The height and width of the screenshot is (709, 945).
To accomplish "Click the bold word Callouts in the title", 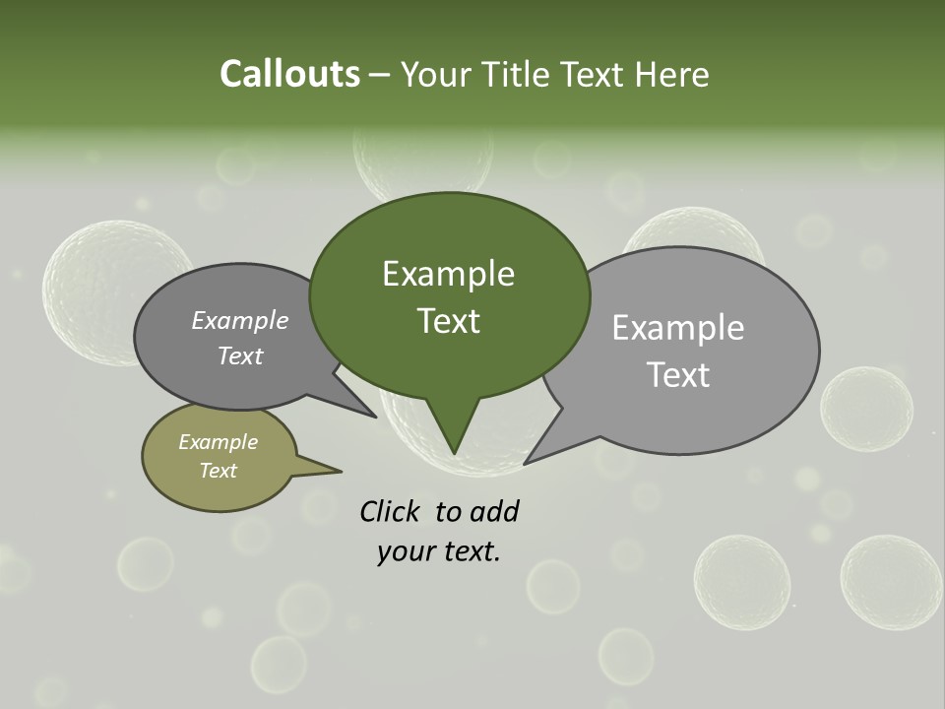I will click(289, 74).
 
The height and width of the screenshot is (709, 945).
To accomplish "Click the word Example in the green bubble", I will click(448, 274).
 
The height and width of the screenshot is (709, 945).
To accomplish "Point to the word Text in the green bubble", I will click(448, 320).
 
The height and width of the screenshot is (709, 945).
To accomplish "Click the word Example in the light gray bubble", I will click(677, 328).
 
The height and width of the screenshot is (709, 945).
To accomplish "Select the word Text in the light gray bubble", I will click(678, 374).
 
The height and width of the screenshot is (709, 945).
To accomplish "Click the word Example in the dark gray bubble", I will click(239, 320).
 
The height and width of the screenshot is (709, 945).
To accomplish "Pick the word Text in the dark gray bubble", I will click(239, 355).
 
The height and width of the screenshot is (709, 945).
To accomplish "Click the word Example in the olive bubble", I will click(218, 442).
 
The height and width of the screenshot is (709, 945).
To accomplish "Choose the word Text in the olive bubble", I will click(218, 470).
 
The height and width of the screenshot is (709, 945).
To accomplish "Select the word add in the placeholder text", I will click(494, 511).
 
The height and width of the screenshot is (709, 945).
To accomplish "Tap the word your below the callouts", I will click(405, 551).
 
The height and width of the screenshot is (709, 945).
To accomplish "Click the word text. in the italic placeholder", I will click(469, 551).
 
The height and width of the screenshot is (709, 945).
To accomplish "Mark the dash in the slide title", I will click(380, 75).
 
